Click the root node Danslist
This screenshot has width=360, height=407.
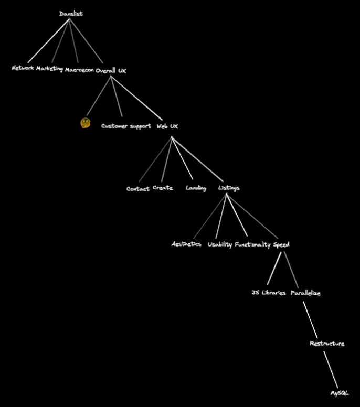click(71, 14)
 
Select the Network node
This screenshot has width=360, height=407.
click(23, 68)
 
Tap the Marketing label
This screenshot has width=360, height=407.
click(49, 69)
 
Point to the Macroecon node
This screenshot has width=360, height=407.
click(79, 70)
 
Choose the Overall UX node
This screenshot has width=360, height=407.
click(111, 70)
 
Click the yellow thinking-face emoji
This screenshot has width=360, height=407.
click(85, 123)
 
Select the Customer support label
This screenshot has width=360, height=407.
click(126, 126)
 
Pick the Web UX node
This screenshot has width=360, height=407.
click(167, 126)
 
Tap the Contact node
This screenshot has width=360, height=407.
click(137, 189)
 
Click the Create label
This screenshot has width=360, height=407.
click(163, 188)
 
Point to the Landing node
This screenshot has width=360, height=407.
click(196, 188)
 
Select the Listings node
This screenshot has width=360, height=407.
click(229, 188)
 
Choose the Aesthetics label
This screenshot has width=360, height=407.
click(186, 244)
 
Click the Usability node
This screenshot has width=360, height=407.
click(219, 244)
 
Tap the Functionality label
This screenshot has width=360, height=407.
click(252, 244)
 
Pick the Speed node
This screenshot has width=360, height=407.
click(281, 244)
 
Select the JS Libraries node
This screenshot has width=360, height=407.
click(269, 293)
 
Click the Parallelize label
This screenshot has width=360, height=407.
click(305, 293)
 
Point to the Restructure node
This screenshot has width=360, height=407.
click(327, 344)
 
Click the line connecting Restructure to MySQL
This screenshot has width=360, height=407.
click(331, 369)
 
